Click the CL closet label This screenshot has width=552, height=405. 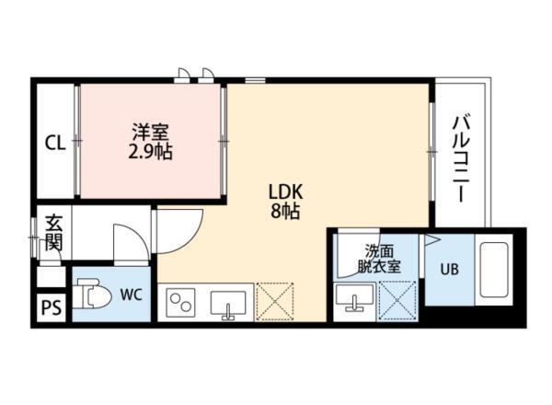pyautogui.click(x=55, y=143)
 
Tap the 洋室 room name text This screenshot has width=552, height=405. pyautogui.click(x=150, y=132)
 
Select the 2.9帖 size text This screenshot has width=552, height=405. pyautogui.click(x=150, y=151)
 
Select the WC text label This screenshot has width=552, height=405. pyautogui.click(x=129, y=295)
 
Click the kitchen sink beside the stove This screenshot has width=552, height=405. pyautogui.click(x=228, y=302)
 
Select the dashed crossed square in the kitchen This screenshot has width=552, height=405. pyautogui.click(x=274, y=301)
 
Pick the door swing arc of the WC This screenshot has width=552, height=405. pyautogui.click(x=129, y=244)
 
